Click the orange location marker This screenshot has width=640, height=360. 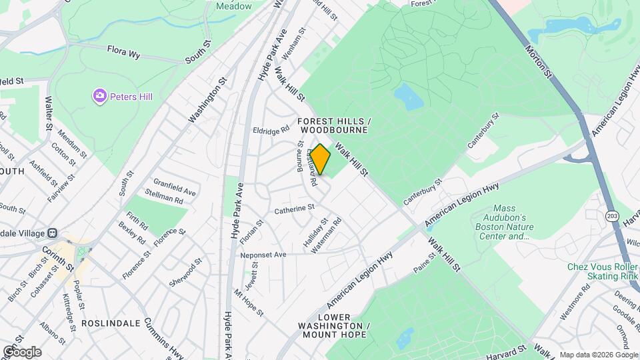(321, 159)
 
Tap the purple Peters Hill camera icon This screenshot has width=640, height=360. (100, 97)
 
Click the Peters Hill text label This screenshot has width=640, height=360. (131, 97)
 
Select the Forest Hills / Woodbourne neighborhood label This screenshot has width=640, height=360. (333, 126)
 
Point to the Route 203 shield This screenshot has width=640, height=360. (611, 216)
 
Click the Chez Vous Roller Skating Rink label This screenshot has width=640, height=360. (603, 271)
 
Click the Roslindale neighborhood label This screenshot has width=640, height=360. (111, 323)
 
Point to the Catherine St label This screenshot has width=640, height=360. (294, 209)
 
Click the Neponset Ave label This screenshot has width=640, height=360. (264, 255)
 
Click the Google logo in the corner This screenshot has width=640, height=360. (22, 351)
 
